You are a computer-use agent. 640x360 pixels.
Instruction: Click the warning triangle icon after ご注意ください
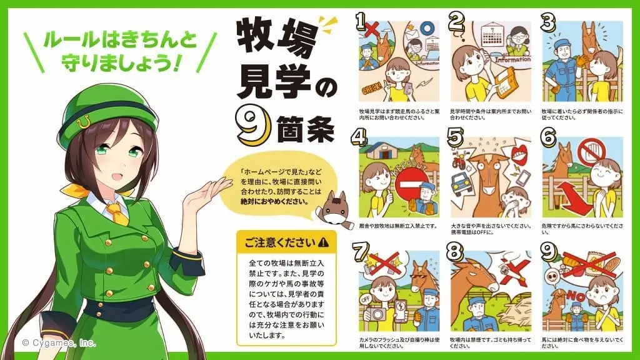coord(323,242)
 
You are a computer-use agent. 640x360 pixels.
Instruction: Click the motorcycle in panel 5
coord(460,157)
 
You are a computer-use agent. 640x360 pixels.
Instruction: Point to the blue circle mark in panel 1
coord(427,29)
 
